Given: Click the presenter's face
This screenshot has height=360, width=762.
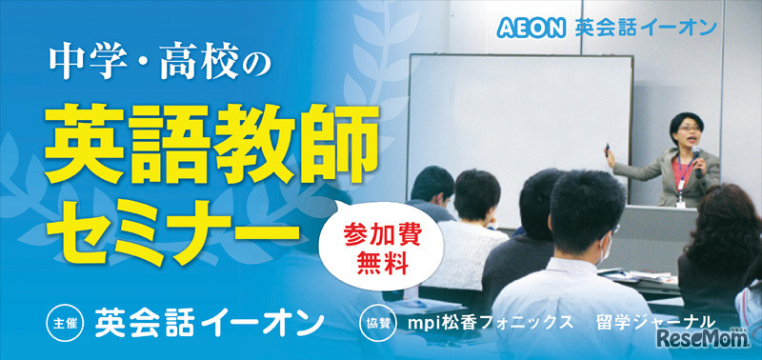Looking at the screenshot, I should (x=688, y=128).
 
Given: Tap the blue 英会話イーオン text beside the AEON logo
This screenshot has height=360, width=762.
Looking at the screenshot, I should (x=644, y=27).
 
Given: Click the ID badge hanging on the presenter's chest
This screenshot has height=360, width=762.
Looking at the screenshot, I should (x=680, y=199).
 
